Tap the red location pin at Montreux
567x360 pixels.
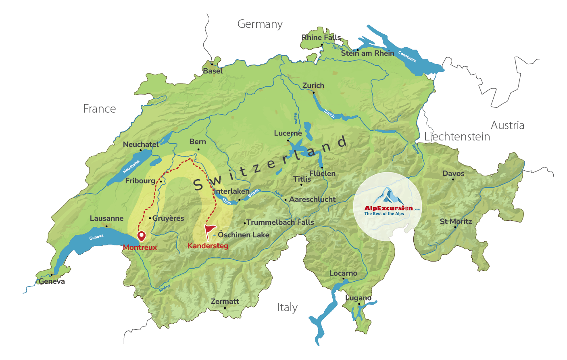[141, 236]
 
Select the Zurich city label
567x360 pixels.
[313, 86]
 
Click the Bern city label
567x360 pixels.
[198, 142]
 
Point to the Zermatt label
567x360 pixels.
[225, 301]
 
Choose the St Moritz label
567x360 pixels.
[456, 222]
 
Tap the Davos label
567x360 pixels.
[453, 174]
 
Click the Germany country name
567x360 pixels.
[260, 24]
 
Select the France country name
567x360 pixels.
[100, 109]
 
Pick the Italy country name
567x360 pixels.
[287, 308]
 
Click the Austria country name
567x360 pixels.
[507, 126]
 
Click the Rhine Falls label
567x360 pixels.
[321, 38]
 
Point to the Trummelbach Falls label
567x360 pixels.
[280, 222]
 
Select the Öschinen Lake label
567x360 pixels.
[243, 235]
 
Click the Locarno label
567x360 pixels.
[343, 273]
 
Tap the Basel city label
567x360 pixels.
[213, 71]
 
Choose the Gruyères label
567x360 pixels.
[168, 218]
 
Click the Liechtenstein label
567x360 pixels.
[457, 137]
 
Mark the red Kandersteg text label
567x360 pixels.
[208, 246]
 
